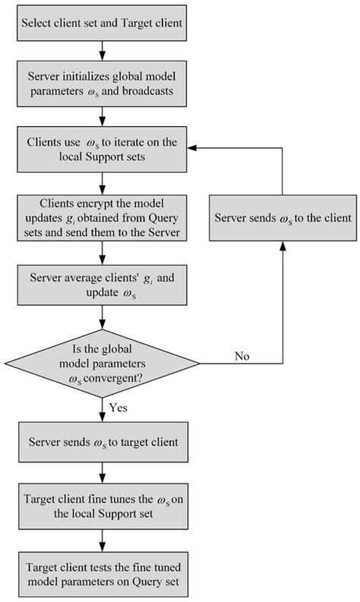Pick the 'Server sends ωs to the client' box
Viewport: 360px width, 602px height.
coord(283,218)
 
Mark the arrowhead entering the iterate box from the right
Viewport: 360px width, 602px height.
coord(194,148)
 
